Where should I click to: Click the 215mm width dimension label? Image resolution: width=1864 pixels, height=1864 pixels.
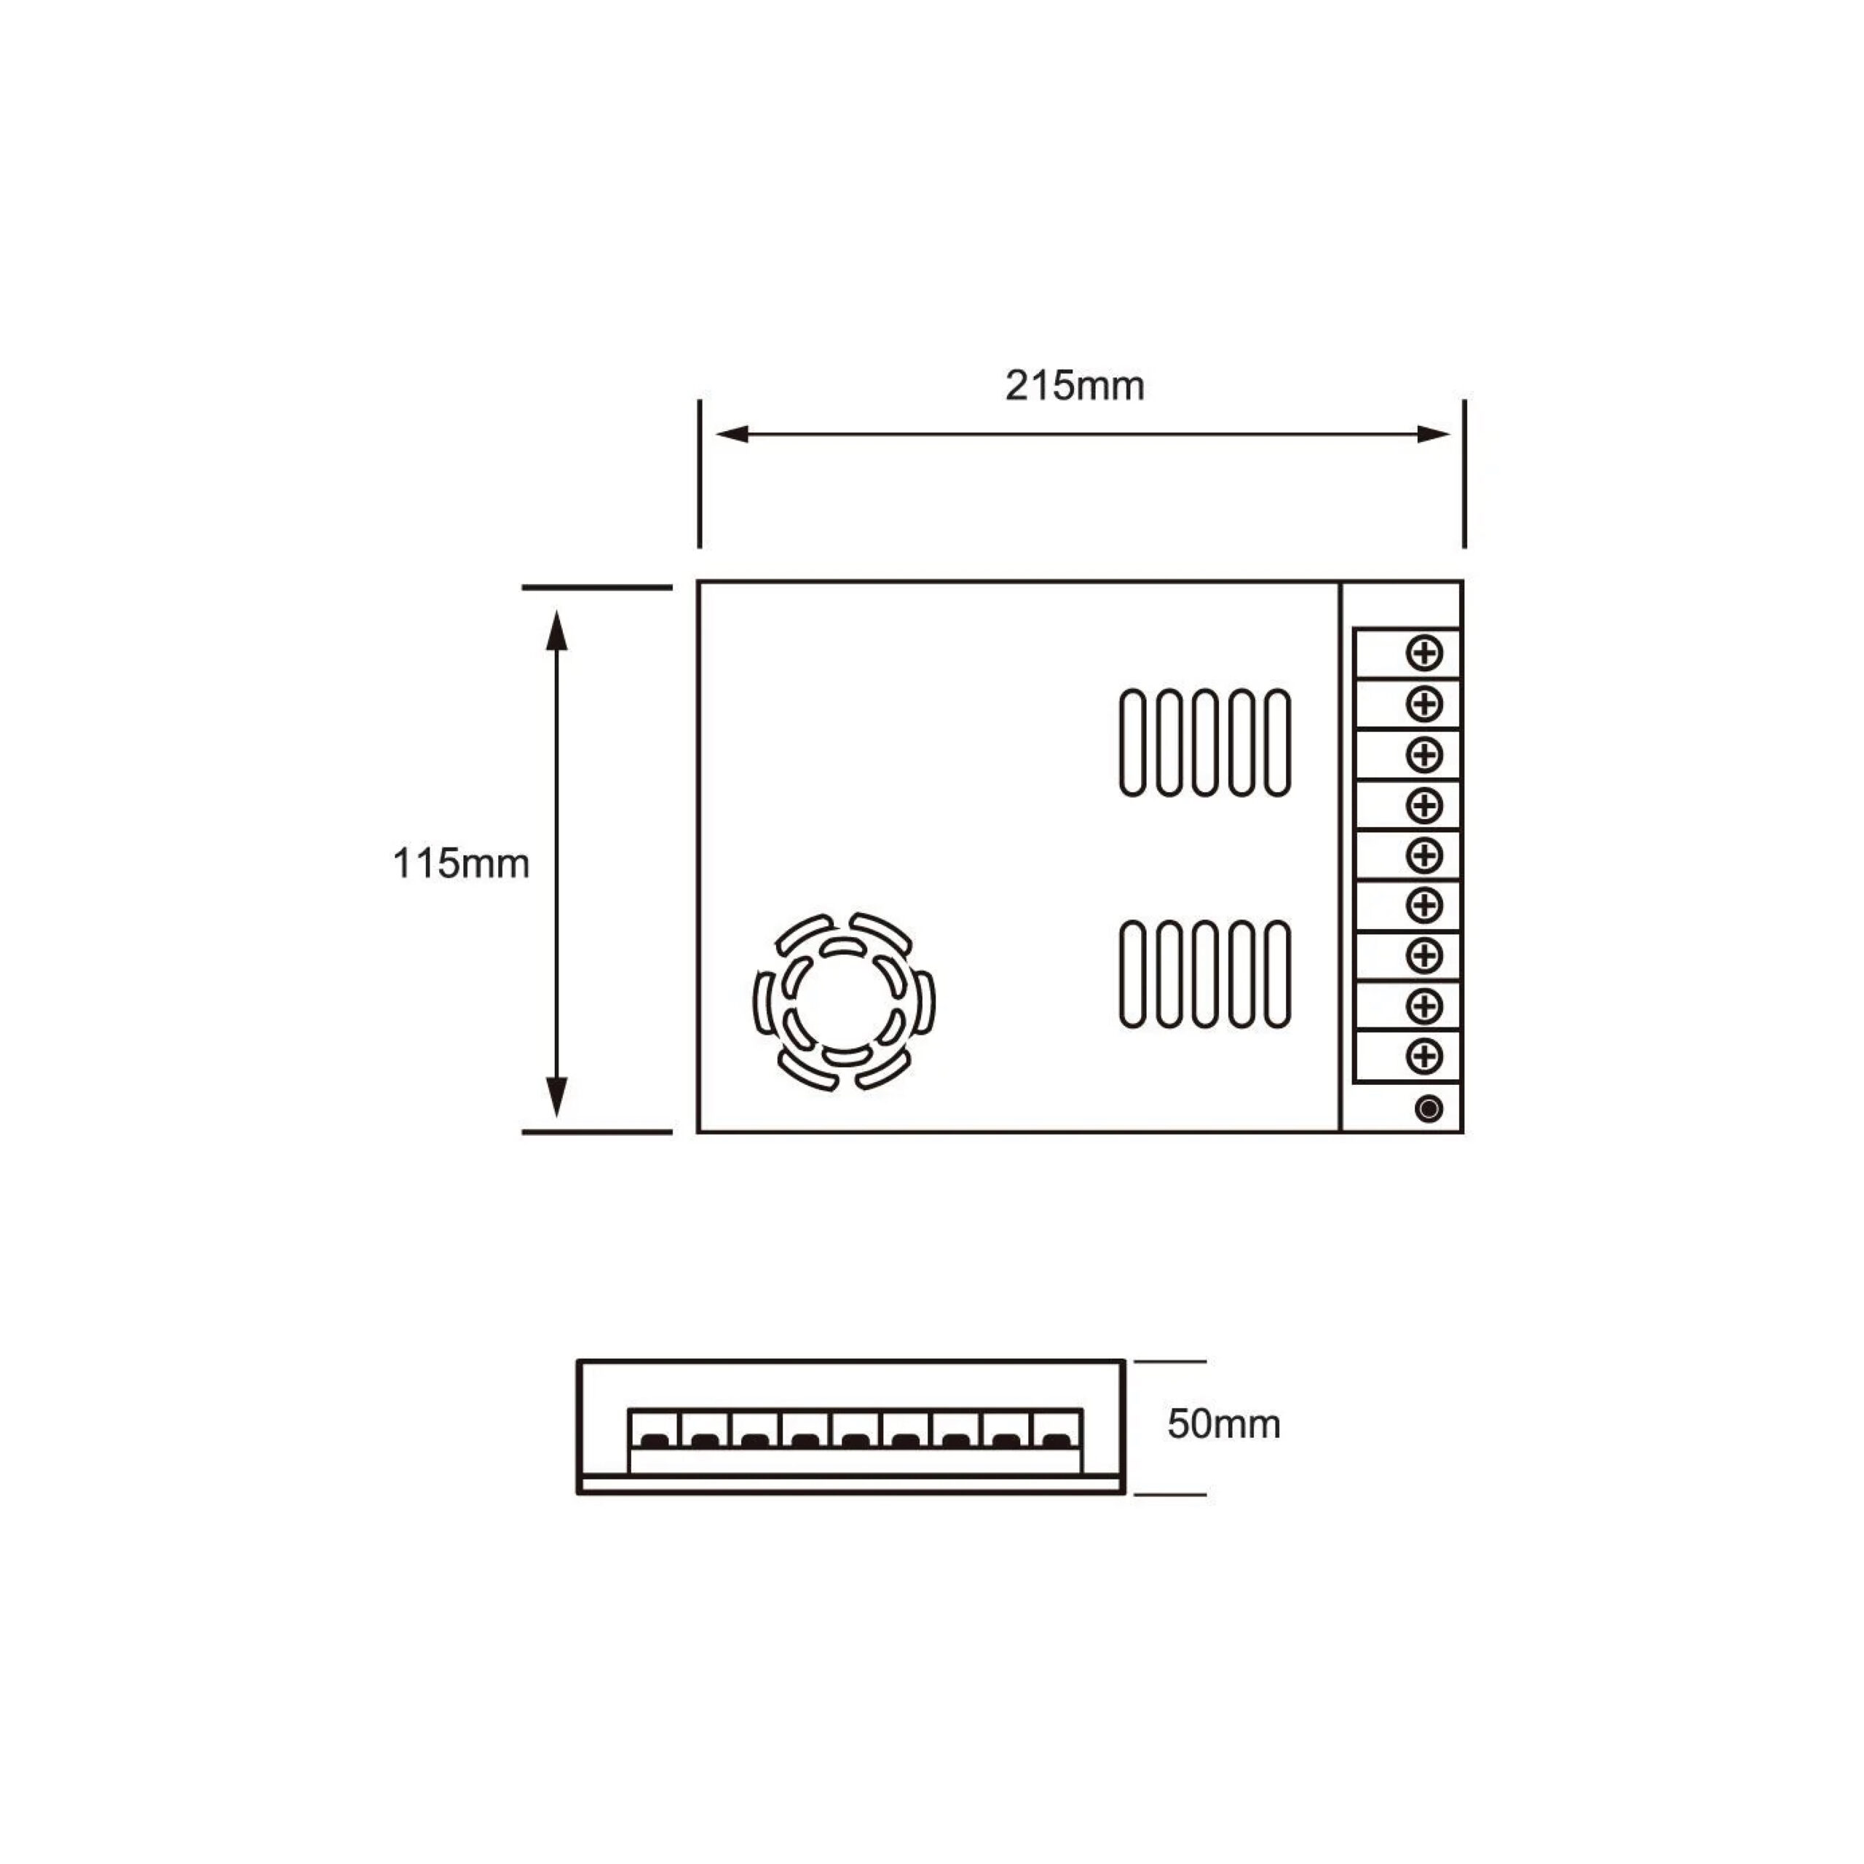pyautogui.click(x=1074, y=386)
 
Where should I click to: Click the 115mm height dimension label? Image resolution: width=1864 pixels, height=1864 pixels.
pyautogui.click(x=461, y=864)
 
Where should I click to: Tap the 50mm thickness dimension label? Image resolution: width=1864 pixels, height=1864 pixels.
pyautogui.click(x=1223, y=1424)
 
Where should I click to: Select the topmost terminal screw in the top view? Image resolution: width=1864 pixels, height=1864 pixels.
pyautogui.click(x=1424, y=653)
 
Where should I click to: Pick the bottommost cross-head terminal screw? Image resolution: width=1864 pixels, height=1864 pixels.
pyautogui.click(x=1424, y=1056)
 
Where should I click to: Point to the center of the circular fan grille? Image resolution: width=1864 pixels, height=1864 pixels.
pyautogui.click(x=843, y=1001)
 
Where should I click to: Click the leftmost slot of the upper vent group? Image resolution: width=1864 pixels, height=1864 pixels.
pyautogui.click(x=1133, y=743)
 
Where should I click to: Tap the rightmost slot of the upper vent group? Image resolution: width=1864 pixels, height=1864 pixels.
pyautogui.click(x=1277, y=743)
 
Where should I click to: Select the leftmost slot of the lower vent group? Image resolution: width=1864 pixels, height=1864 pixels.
pyautogui.click(x=1133, y=974)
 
